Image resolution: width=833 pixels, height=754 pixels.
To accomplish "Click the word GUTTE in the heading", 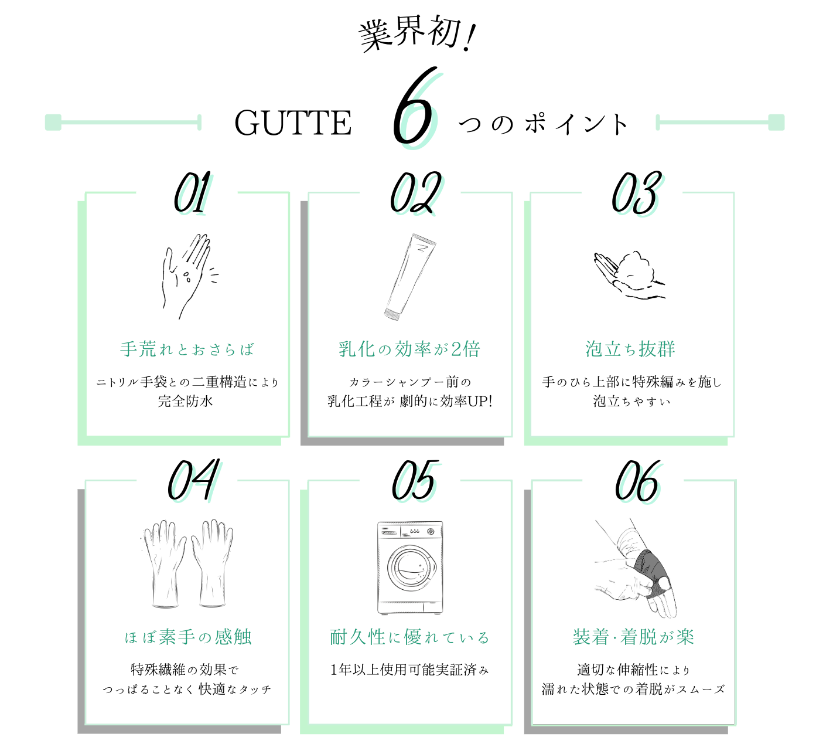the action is click(x=293, y=124).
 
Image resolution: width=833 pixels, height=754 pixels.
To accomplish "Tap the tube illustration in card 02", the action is click(x=409, y=277).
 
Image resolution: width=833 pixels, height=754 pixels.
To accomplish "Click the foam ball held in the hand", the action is click(x=637, y=270).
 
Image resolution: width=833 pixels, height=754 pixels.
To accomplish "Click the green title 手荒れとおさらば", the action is click(x=187, y=349).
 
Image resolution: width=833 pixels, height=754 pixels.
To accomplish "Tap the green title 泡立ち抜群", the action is click(x=630, y=349).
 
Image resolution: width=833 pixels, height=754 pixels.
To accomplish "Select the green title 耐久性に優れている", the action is click(x=410, y=637).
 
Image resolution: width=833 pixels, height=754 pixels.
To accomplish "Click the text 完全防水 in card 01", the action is click(x=185, y=401).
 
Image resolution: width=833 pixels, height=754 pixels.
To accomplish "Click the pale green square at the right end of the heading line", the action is click(x=776, y=122).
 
